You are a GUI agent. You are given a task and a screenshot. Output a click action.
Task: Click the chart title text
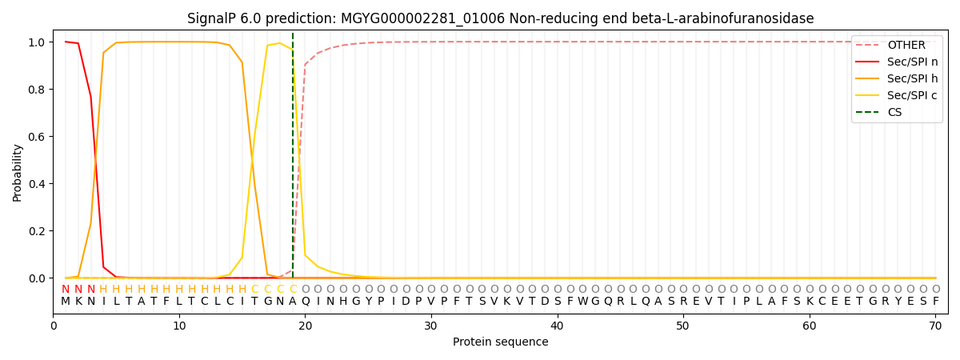pyautogui.click(x=500, y=18)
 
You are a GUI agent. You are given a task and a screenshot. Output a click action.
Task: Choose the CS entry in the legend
pyautogui.click(x=894, y=112)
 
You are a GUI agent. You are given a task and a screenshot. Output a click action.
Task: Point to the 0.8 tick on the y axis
pyautogui.click(x=38, y=90)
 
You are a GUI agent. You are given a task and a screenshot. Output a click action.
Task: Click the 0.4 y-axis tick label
pyautogui.click(x=38, y=184)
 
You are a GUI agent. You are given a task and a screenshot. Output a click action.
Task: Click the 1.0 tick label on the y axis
pyautogui.click(x=38, y=42)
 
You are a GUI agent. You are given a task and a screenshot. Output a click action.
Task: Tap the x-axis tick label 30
pyautogui.click(x=431, y=326)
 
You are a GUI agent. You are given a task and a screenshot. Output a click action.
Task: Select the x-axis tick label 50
pyautogui.click(x=682, y=326)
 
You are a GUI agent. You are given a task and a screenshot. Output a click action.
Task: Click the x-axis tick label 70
pyautogui.click(x=934, y=326)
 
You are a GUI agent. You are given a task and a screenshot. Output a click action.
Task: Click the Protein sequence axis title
pyautogui.click(x=500, y=342)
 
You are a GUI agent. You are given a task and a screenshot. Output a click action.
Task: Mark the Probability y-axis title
pyautogui.click(x=18, y=172)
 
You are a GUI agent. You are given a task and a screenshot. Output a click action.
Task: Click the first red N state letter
pyautogui.click(x=66, y=289)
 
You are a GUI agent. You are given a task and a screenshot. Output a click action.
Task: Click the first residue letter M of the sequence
pyautogui.click(x=66, y=302)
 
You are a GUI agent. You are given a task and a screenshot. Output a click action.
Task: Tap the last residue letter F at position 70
pyautogui.click(x=935, y=302)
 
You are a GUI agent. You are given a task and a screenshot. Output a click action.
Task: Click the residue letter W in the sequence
pyautogui.click(x=582, y=302)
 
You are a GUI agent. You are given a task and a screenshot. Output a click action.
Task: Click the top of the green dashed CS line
pyautogui.click(x=293, y=34)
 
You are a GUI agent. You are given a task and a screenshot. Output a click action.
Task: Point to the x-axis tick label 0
pyautogui.click(x=54, y=326)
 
